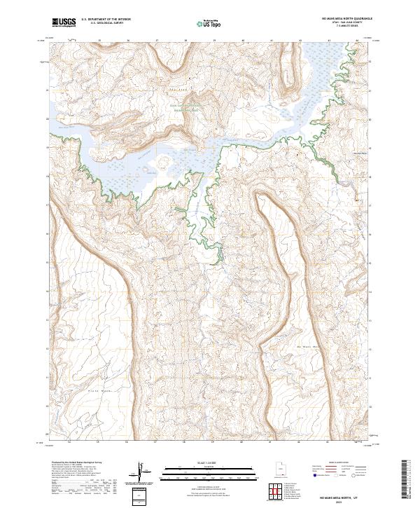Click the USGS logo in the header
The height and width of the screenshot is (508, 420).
point(64,23)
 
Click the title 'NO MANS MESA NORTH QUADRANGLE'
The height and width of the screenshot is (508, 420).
point(337,19)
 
